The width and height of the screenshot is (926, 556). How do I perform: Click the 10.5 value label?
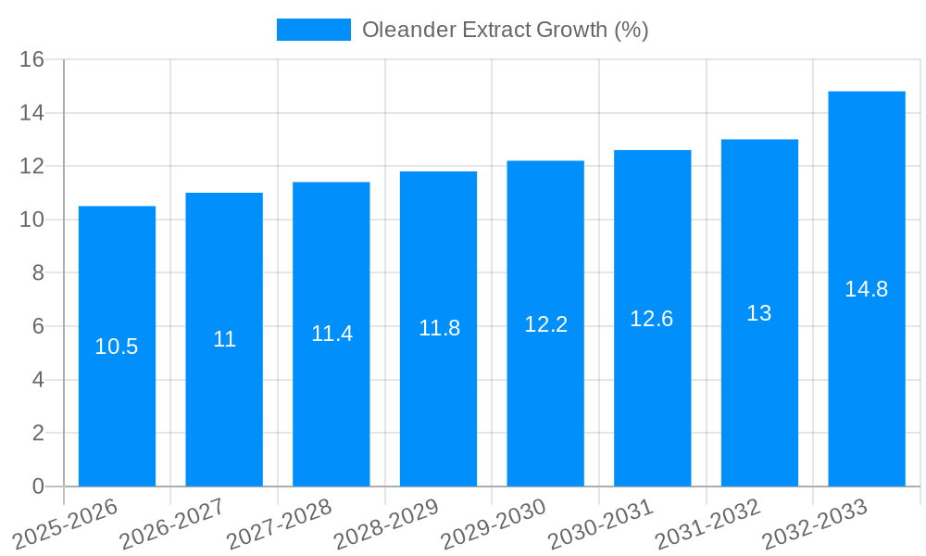(x=117, y=347)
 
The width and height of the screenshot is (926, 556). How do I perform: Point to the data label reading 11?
(x=224, y=339)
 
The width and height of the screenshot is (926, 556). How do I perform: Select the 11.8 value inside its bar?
(x=439, y=328)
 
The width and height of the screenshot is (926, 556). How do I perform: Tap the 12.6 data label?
(x=652, y=319)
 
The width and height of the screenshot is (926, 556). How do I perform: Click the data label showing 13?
(x=759, y=313)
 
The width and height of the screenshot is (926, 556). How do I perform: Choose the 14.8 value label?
(x=867, y=289)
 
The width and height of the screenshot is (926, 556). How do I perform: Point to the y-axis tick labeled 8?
(x=38, y=273)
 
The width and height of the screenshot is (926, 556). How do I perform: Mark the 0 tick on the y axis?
(x=38, y=486)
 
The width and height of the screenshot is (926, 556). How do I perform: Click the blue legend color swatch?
(x=314, y=30)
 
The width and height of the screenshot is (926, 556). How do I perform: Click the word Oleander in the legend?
(x=401, y=30)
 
